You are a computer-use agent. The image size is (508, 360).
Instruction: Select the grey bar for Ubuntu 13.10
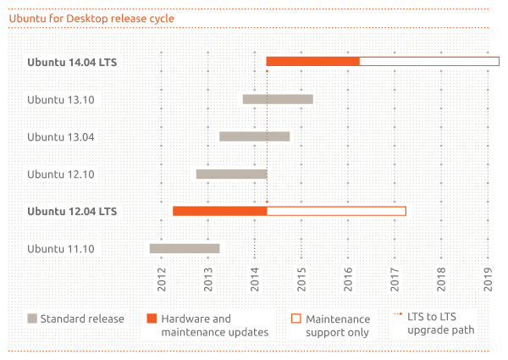pos(278,99)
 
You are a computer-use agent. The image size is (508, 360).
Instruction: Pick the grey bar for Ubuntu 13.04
pos(254,136)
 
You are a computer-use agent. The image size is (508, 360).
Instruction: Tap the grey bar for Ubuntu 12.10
pos(231,174)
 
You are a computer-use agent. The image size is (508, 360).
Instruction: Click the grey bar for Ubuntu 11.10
pos(185,248)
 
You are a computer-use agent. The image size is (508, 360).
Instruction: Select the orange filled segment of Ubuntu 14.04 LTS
pos(312,61)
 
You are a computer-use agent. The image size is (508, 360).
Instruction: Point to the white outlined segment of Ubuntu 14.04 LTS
pos(428,61)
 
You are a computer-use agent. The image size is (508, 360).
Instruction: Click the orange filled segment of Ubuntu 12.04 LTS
pos(219,211)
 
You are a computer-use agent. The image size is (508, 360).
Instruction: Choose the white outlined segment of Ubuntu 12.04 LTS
pos(336,211)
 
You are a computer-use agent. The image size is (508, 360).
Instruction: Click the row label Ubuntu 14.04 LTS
pos(72,62)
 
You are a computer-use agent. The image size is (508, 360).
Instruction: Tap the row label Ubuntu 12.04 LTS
pos(72,211)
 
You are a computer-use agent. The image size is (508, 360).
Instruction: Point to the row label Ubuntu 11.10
pos(60,248)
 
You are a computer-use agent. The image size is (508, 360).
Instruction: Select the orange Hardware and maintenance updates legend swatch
pos(152,318)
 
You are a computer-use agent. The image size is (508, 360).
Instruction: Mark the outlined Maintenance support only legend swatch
pos(296,318)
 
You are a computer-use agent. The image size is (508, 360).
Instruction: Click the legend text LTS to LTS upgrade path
pos(440,324)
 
